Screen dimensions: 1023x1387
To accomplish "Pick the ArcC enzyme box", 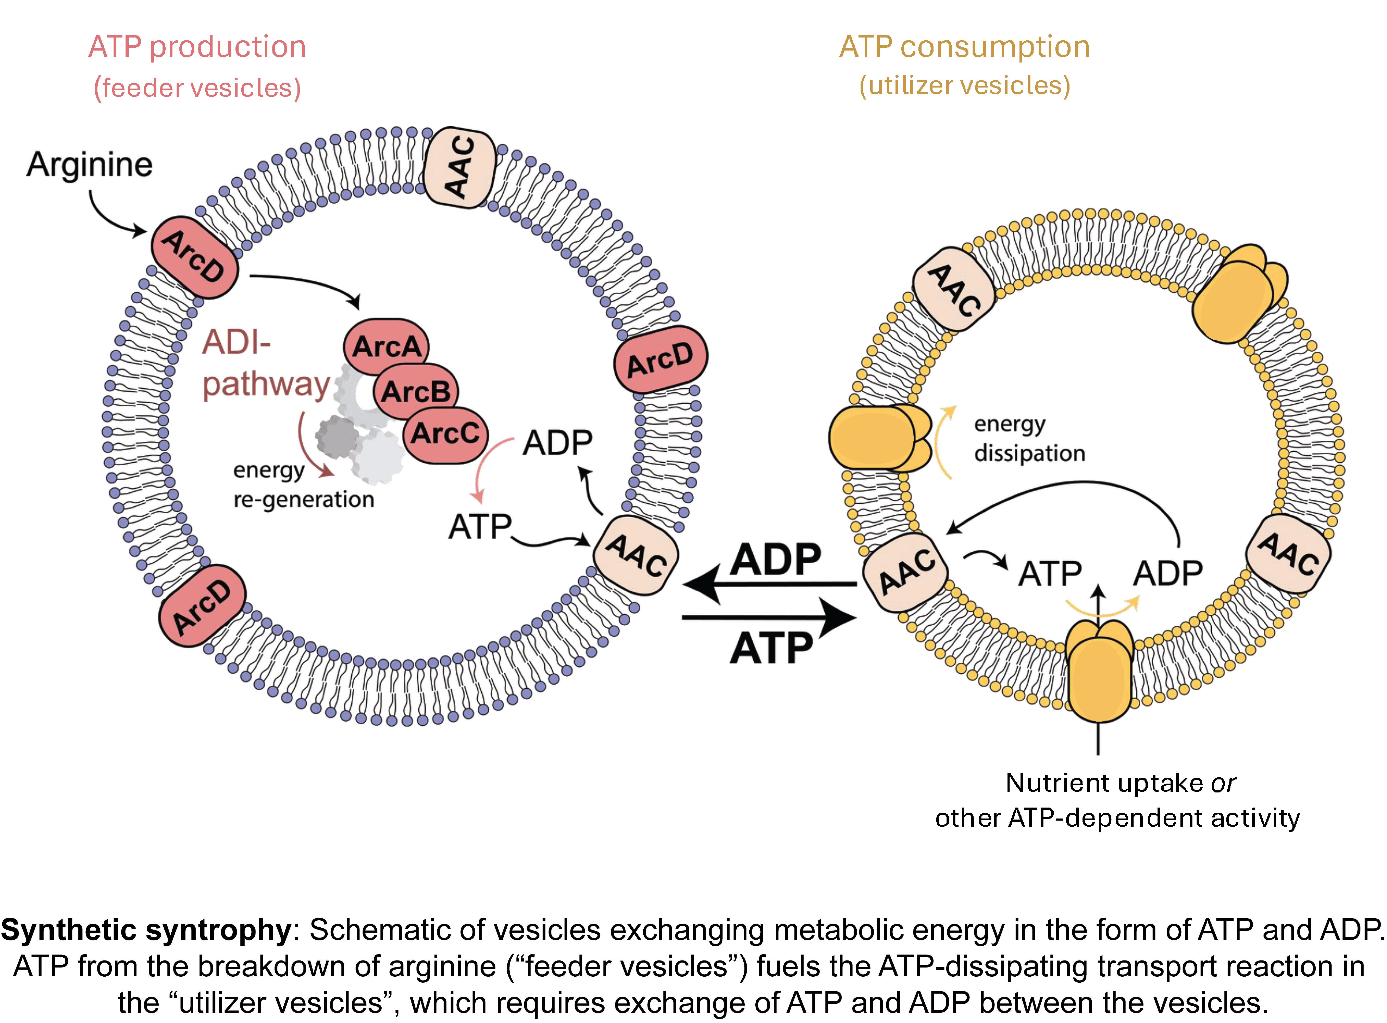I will (x=445, y=433).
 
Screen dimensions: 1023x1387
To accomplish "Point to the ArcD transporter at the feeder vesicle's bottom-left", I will (x=202, y=606).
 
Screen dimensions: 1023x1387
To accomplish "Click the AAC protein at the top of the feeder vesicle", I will (x=459, y=167).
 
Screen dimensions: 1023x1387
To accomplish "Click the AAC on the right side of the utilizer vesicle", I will (x=1288, y=553).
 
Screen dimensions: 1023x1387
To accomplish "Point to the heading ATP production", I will (x=197, y=47).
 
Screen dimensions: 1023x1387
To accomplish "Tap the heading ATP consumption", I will (x=964, y=47).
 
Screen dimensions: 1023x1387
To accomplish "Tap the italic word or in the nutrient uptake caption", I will (x=1223, y=783).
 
